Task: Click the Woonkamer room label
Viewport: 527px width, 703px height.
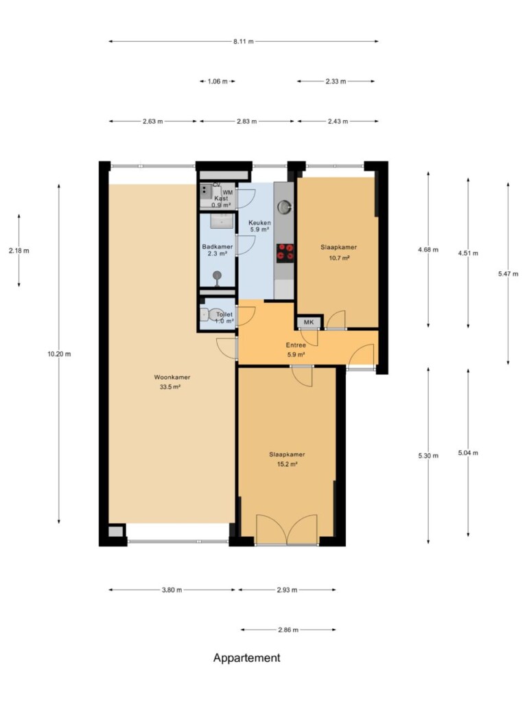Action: pyautogui.click(x=172, y=377)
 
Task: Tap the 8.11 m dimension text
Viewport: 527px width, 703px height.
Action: pyautogui.click(x=244, y=42)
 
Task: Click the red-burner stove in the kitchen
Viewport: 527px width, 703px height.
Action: pyautogui.click(x=285, y=253)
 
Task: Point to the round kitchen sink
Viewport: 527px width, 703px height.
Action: pyautogui.click(x=284, y=207)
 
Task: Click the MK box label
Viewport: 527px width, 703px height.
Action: pyautogui.click(x=309, y=322)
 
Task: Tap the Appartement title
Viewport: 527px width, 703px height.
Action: pyautogui.click(x=247, y=658)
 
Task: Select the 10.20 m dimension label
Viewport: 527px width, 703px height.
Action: pyautogui.click(x=59, y=354)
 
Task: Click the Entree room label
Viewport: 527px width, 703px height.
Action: pyautogui.click(x=296, y=345)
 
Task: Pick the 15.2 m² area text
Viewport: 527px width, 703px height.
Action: pyautogui.click(x=288, y=465)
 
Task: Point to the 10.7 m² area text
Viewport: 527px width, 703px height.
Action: pyautogui.click(x=339, y=258)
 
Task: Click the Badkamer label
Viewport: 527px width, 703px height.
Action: pyautogui.click(x=218, y=246)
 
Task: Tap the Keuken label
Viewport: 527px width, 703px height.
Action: pyautogui.click(x=259, y=222)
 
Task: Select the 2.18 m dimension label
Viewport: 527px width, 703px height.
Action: pyautogui.click(x=19, y=251)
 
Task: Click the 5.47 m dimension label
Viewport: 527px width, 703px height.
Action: pyautogui.click(x=508, y=274)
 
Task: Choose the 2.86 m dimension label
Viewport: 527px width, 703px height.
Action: pyautogui.click(x=288, y=630)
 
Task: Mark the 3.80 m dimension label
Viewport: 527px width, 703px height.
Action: pyautogui.click(x=172, y=590)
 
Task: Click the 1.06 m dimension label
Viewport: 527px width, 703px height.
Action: pyautogui.click(x=218, y=82)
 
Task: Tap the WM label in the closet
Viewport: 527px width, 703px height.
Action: pyautogui.click(x=228, y=192)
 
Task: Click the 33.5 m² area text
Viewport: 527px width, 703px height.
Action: pyautogui.click(x=170, y=387)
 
